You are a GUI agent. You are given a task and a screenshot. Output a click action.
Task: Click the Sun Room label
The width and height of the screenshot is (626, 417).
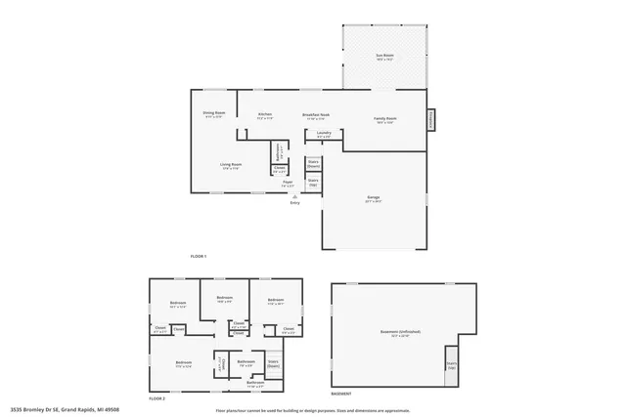[385, 58]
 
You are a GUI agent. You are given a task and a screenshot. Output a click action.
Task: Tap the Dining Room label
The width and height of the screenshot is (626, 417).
[214, 114]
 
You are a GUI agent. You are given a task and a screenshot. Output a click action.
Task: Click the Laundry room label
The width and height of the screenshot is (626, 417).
[324, 134]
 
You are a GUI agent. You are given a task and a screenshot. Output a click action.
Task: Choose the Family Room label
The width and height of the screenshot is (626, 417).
[384, 120]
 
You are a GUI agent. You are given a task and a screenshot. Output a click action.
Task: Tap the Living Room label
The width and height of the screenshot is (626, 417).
[230, 166]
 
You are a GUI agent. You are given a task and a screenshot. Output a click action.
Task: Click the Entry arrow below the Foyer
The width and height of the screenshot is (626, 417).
[294, 198]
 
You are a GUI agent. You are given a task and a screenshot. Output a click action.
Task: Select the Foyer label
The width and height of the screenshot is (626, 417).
[288, 184]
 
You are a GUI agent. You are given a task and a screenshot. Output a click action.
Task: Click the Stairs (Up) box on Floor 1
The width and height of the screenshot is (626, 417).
[313, 182]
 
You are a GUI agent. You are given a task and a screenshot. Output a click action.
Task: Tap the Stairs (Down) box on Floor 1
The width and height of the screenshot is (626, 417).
[313, 163]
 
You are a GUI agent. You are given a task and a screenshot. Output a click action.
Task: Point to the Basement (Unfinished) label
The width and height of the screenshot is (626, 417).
[401, 333]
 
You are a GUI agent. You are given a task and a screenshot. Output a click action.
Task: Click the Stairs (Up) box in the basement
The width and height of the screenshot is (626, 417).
[451, 365]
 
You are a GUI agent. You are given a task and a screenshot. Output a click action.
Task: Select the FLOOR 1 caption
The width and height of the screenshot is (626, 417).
[200, 256]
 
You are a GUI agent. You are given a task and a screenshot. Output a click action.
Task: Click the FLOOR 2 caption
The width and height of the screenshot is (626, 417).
[156, 399]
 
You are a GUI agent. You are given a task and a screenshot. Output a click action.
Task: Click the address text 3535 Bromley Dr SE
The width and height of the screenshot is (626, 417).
[59, 410]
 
